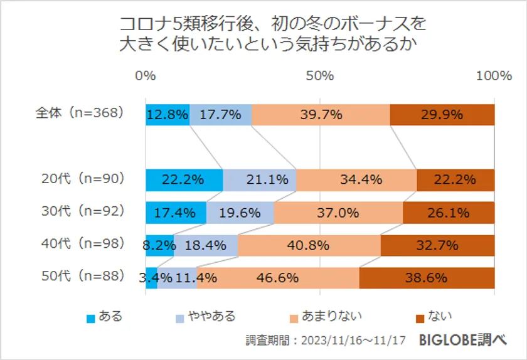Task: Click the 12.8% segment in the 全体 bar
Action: click(x=168, y=114)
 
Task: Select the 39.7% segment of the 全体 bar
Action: click(x=321, y=114)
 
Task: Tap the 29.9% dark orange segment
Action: click(x=442, y=114)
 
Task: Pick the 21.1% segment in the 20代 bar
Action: click(x=259, y=180)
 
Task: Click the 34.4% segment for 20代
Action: click(x=356, y=180)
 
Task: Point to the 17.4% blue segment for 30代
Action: click(x=176, y=213)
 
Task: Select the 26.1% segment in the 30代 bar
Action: click(x=448, y=213)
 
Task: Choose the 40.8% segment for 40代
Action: click(x=309, y=245)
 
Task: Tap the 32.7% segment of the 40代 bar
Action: click(x=437, y=245)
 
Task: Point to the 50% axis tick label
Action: click(x=320, y=76)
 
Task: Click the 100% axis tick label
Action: click(x=494, y=76)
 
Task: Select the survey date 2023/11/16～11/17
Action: click(x=354, y=341)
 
